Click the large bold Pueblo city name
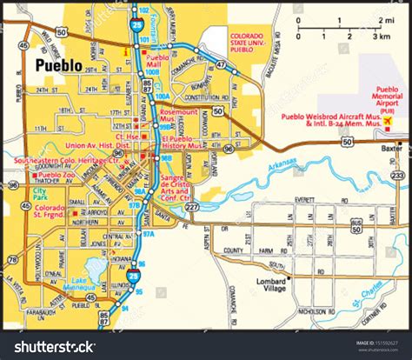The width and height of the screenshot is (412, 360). coord(59,66)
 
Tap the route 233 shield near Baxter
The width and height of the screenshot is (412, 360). coord(397,175)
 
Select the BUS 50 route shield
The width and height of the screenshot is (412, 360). coord(356,225)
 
